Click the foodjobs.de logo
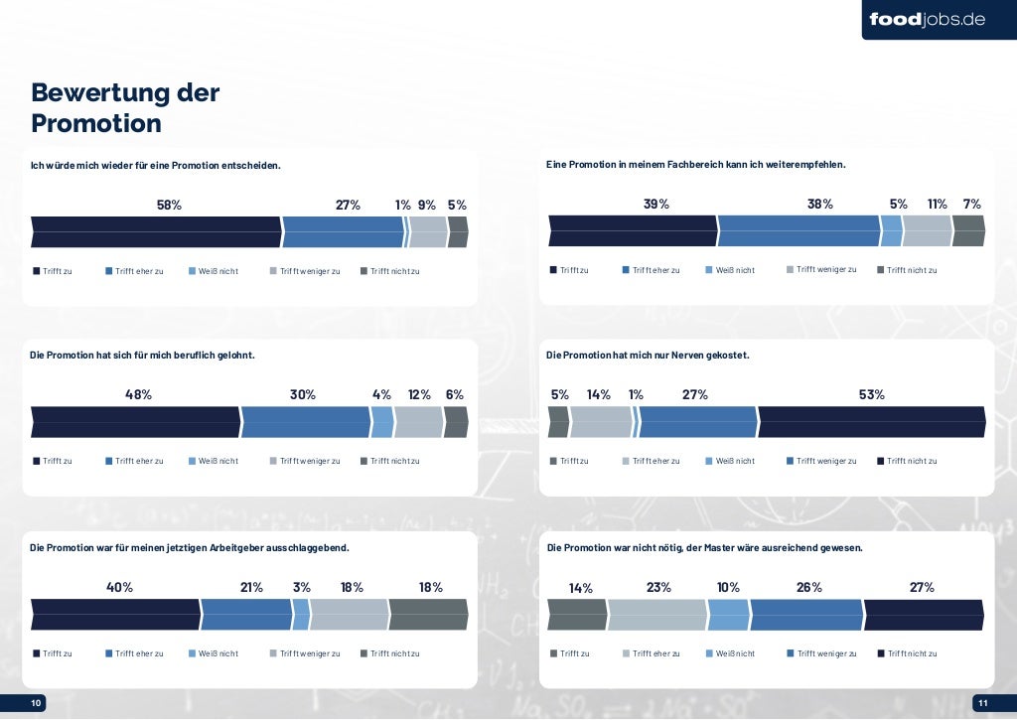click(x=927, y=19)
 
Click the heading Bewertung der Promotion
click(x=125, y=107)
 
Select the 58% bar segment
click(x=156, y=231)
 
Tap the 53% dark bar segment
click(x=871, y=421)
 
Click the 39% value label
click(x=656, y=204)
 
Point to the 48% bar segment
click(x=135, y=421)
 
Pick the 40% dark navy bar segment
click(x=115, y=614)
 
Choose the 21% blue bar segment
click(x=246, y=614)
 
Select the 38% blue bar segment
click(x=799, y=230)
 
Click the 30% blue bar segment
click(x=305, y=421)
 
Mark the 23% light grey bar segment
click(x=656, y=614)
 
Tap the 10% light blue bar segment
click(x=728, y=614)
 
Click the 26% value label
click(x=809, y=587)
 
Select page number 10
click(x=37, y=703)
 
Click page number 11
click(x=982, y=703)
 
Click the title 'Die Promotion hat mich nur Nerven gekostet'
click(x=648, y=355)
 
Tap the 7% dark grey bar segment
click(x=968, y=230)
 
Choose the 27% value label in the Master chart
click(x=922, y=587)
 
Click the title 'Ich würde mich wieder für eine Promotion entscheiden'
click(x=156, y=165)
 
